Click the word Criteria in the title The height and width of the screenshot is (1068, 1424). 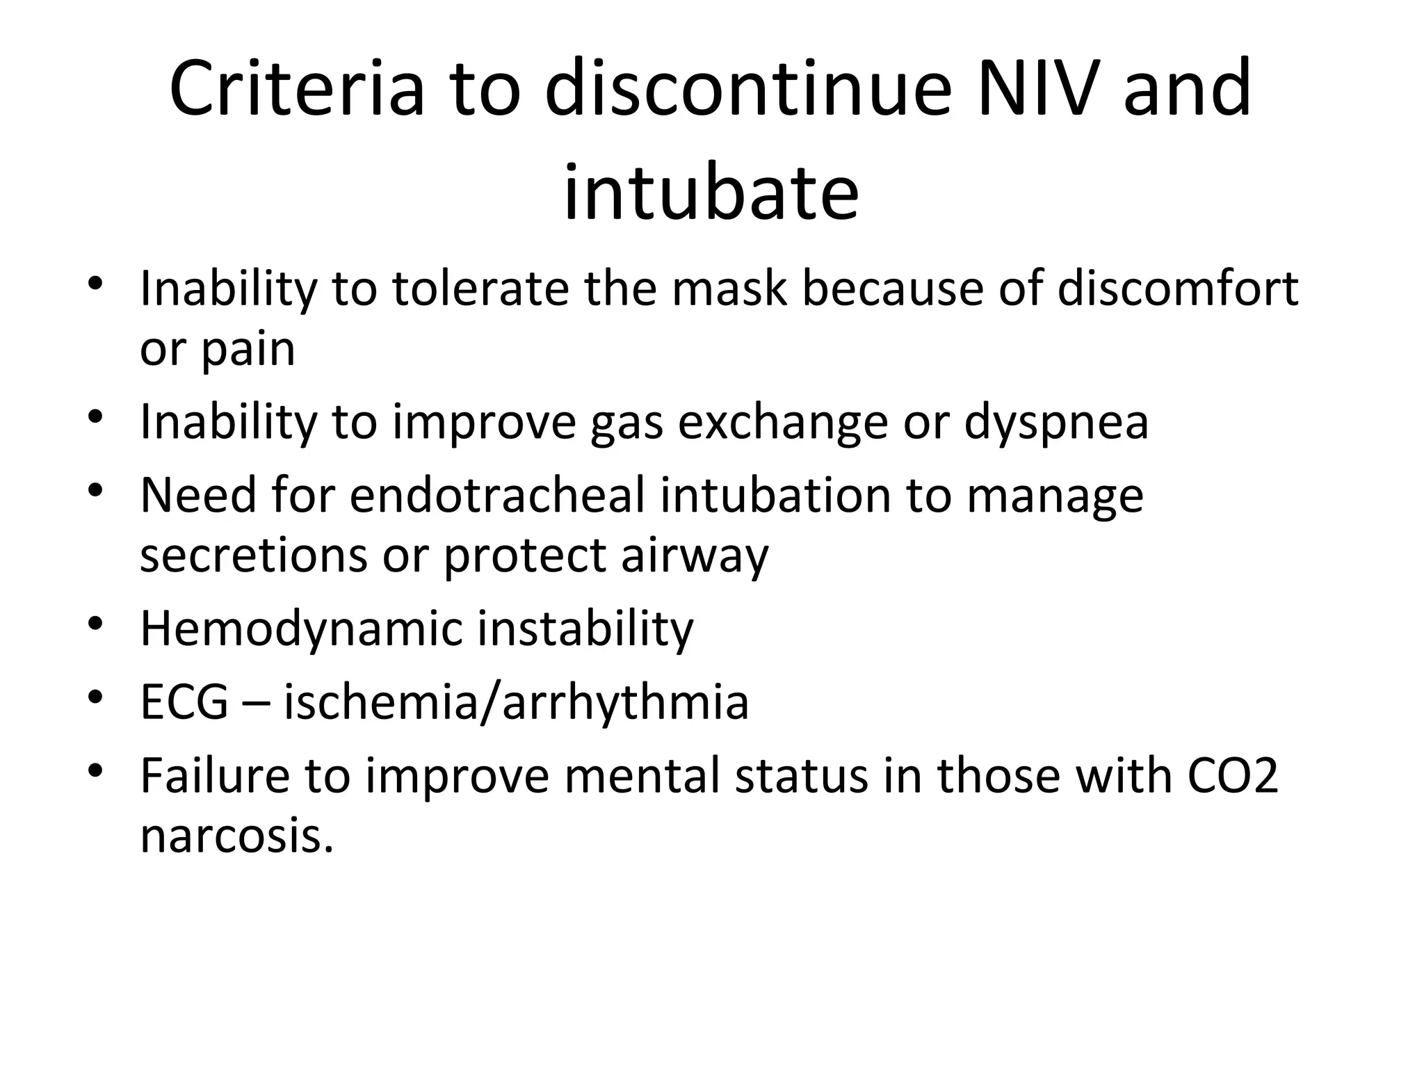pyautogui.click(x=296, y=89)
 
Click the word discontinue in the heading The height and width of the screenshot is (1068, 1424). pyautogui.click(x=748, y=89)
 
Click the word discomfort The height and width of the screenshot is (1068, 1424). pyautogui.click(x=1177, y=289)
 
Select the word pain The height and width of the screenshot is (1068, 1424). pyautogui.click(x=248, y=350)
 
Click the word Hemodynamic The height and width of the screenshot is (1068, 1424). pyautogui.click(x=301, y=629)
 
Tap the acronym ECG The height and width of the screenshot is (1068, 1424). pyautogui.click(x=184, y=702)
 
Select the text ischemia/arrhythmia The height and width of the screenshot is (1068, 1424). pyautogui.click(x=516, y=702)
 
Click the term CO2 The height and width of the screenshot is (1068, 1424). pyautogui.click(x=1232, y=776)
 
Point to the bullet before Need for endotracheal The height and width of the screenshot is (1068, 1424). pyautogui.click(x=96, y=489)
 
